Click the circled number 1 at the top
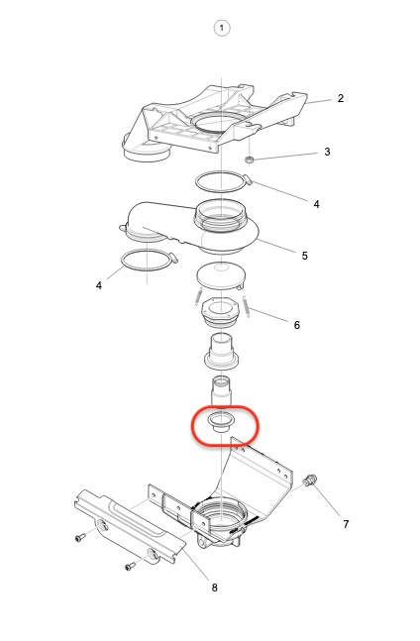click(x=222, y=28)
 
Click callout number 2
click(x=341, y=98)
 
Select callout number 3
click(x=327, y=152)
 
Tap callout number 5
click(x=304, y=256)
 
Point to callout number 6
click(x=297, y=325)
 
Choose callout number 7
click(x=346, y=524)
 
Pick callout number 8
click(x=215, y=588)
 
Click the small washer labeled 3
click(x=249, y=160)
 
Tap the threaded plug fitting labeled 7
click(x=310, y=481)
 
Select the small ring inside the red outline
click(x=221, y=422)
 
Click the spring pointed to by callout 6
click(x=247, y=305)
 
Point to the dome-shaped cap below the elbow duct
click(x=221, y=276)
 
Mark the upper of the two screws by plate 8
click(x=80, y=537)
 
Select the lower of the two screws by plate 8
click(x=130, y=566)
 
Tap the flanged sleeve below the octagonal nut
click(x=221, y=352)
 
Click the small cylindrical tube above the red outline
click(x=221, y=390)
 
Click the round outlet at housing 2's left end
click(x=146, y=152)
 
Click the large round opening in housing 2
click(x=216, y=122)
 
